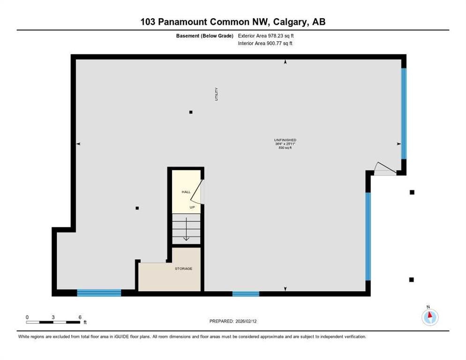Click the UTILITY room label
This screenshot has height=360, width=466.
216,95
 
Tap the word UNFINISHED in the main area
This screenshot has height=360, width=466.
285,140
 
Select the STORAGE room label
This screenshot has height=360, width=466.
183,269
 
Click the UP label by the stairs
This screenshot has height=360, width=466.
192,207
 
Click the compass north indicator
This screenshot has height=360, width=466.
429,316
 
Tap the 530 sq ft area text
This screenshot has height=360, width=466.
285,148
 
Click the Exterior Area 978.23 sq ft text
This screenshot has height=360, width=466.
266,36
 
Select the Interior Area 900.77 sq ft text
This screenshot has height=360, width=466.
266,44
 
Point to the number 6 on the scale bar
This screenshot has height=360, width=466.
80,317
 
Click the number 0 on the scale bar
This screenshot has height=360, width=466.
27,317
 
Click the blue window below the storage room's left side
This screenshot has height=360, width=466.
99,293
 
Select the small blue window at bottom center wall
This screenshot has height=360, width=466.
246,294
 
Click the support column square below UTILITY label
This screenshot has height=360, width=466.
191,112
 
